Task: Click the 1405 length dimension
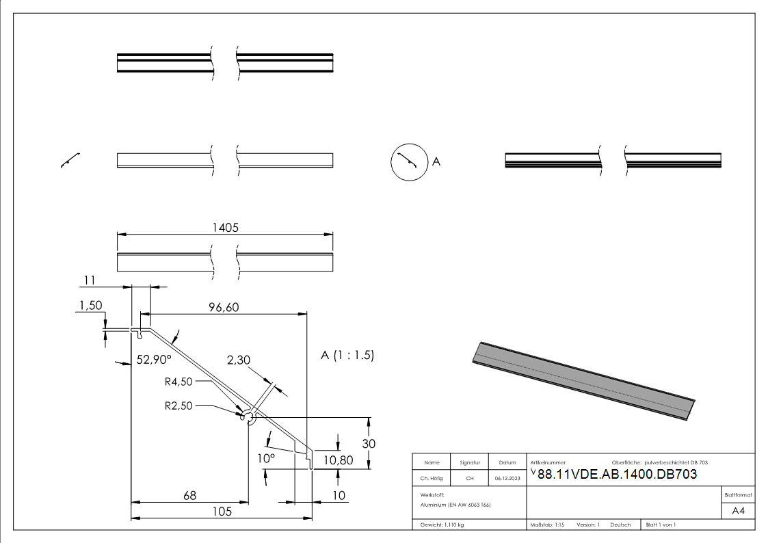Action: click(x=225, y=228)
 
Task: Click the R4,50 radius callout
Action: click(x=179, y=382)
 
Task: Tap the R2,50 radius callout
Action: click(x=179, y=405)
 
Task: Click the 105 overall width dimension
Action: click(x=221, y=511)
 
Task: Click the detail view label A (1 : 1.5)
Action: click(x=347, y=356)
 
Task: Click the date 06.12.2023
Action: click(x=507, y=478)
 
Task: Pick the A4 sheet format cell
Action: click(x=738, y=511)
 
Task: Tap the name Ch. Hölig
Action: click(x=432, y=478)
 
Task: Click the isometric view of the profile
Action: click(x=585, y=380)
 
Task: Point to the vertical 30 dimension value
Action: click(x=369, y=443)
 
